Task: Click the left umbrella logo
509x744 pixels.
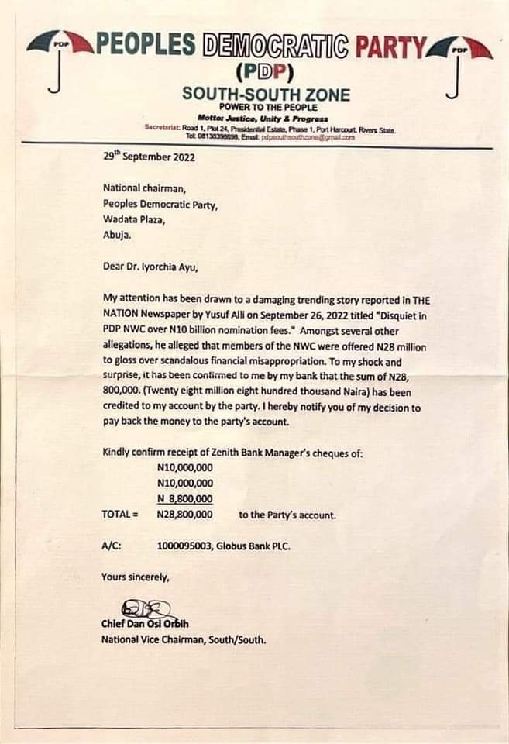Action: (57, 59)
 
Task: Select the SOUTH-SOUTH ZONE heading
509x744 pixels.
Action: (266, 95)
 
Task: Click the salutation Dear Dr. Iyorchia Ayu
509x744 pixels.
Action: (150, 267)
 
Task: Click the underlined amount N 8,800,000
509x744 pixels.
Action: (184, 498)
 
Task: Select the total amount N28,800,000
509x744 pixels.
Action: (184, 514)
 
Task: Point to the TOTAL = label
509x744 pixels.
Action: (120, 514)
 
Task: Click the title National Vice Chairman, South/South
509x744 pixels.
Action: (184, 639)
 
